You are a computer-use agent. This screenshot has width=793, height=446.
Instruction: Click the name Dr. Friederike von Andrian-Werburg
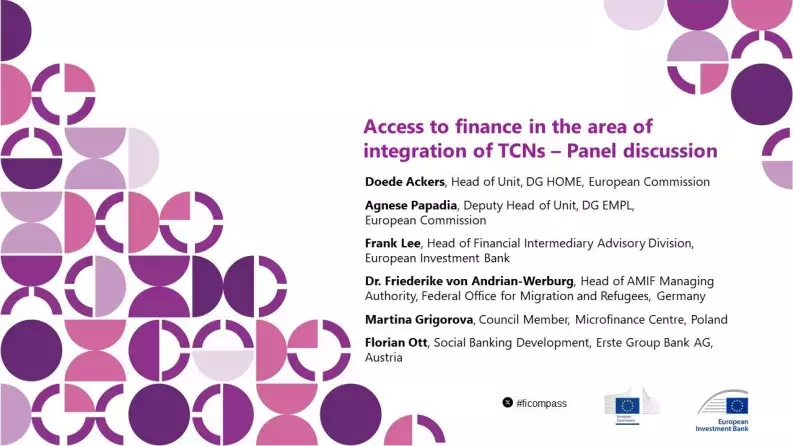click(x=469, y=281)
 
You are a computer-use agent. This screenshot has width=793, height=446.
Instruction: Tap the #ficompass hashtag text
click(x=542, y=402)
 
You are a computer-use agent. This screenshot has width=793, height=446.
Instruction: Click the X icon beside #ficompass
click(x=508, y=402)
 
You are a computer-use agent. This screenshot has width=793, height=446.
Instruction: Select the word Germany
click(x=682, y=296)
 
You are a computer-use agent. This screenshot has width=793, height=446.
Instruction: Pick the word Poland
click(x=707, y=319)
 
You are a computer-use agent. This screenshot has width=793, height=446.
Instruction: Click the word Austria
click(x=384, y=357)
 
